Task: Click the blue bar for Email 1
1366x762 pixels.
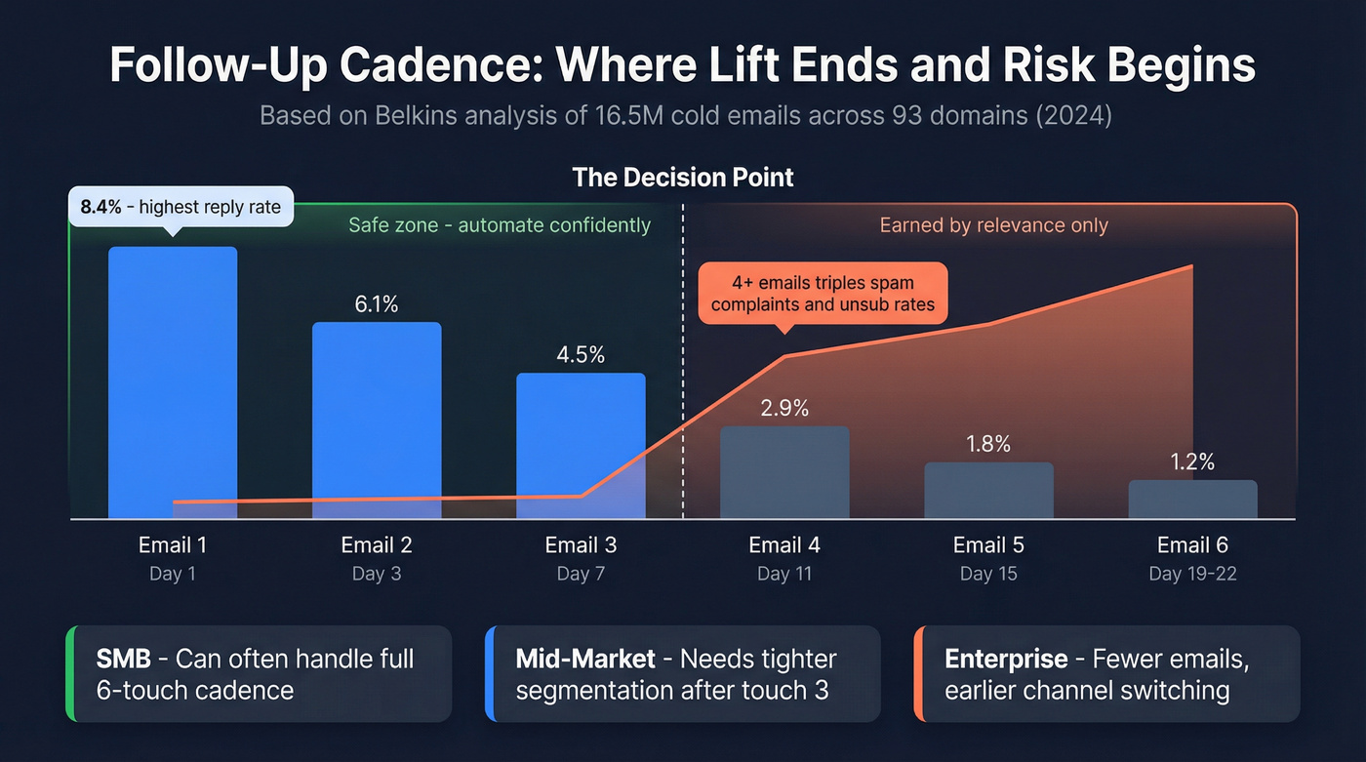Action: point(172,381)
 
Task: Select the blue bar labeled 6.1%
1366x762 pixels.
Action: point(377,420)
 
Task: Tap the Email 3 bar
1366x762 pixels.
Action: point(581,444)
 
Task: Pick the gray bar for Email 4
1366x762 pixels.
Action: point(784,472)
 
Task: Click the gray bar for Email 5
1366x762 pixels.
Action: point(988,490)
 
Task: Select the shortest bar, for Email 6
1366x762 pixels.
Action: point(1192,499)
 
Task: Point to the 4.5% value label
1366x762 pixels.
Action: point(581,355)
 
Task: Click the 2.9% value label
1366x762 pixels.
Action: point(784,408)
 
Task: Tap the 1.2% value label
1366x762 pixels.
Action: point(1192,461)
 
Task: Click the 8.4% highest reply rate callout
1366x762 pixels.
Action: point(181,207)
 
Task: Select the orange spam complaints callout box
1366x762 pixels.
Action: point(823,294)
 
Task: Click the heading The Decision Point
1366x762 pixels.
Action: point(683,178)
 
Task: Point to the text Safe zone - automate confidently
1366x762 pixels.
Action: point(500,225)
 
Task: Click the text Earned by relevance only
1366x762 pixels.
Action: point(993,225)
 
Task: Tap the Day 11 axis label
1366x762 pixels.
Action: point(784,574)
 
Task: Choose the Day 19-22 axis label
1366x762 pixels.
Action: point(1192,574)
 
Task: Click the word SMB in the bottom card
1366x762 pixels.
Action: point(123,659)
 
